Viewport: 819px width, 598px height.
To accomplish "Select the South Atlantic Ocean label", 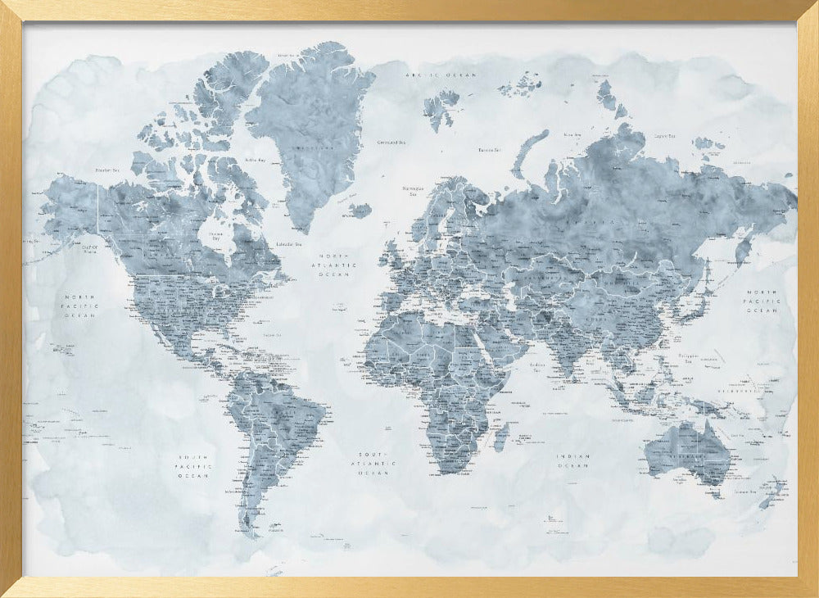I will coord(376,464).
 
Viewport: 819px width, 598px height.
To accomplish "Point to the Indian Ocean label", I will coord(573,461).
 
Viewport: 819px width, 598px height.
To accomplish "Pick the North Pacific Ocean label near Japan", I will coord(762,301).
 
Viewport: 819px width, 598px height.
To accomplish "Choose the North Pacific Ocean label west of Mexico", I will coord(81,306).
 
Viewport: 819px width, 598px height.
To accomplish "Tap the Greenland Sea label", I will coord(391,142).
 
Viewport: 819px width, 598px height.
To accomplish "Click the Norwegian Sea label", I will coord(411,191).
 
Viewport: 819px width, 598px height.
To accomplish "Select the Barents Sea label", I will coord(489,150).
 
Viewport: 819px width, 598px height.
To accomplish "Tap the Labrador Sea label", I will coord(288,244).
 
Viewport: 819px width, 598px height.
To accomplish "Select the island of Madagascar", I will coord(500,437).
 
